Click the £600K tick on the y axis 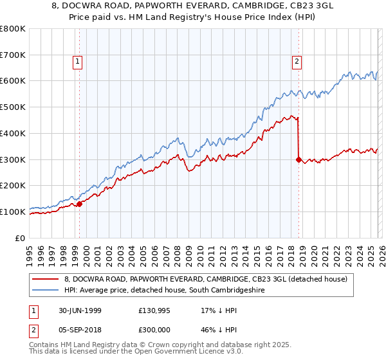pos(13,81)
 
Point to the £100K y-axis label pos(13,212)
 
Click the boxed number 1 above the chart pos(77,62)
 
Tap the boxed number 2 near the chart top pos(297,62)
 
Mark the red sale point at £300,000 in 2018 pos(299,159)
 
